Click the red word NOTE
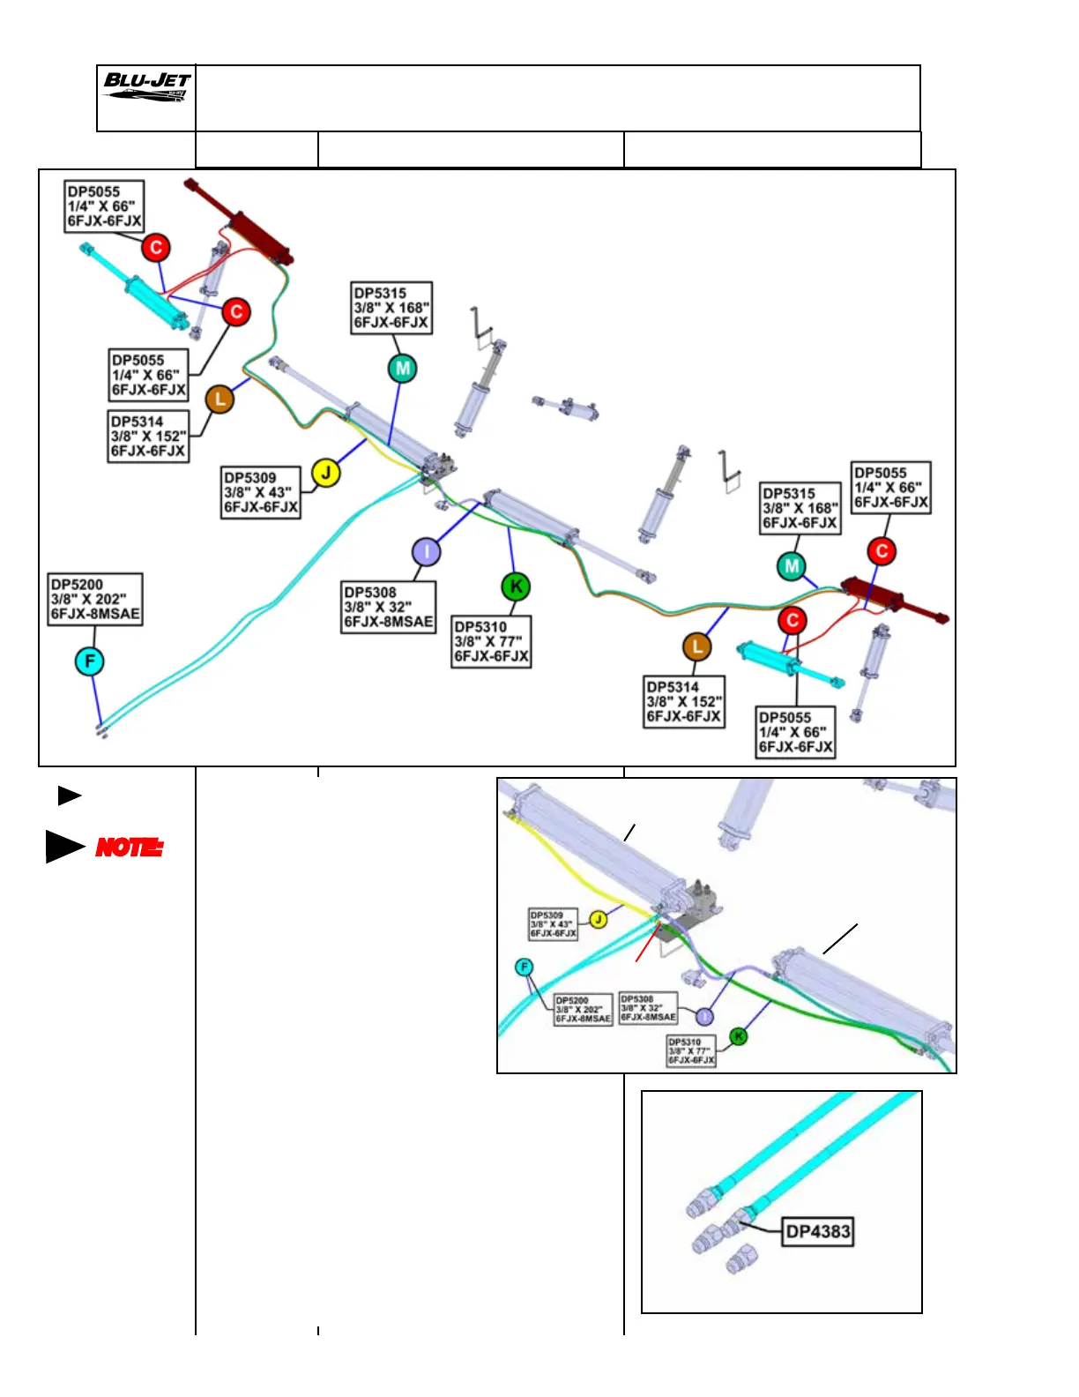tap(129, 848)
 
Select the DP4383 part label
tap(818, 1231)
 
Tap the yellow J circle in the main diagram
tap(326, 474)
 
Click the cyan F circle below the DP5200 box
tap(89, 661)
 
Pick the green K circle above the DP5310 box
tap(516, 586)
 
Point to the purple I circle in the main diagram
tap(427, 552)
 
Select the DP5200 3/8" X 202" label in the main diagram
tap(95, 600)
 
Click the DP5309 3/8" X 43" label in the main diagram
tap(261, 492)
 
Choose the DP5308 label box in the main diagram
tap(389, 607)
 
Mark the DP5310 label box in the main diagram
tap(491, 641)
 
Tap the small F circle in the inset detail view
tap(525, 967)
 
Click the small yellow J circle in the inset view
tap(599, 920)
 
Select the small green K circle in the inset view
tap(739, 1036)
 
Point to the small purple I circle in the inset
tap(703, 1017)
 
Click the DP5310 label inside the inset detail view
tap(691, 1051)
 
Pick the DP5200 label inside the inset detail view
tap(583, 1010)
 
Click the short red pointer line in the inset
tap(648, 943)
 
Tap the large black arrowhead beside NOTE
tap(64, 847)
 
